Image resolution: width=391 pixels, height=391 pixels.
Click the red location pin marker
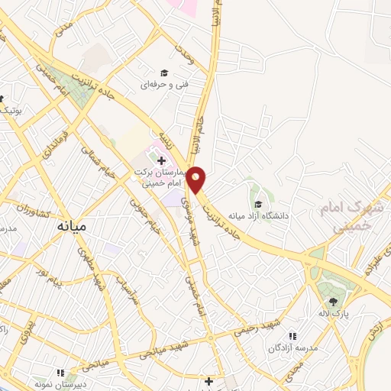(196, 179)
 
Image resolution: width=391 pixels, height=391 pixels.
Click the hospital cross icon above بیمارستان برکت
(161, 160)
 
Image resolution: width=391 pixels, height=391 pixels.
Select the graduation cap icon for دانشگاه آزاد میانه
(259, 204)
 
